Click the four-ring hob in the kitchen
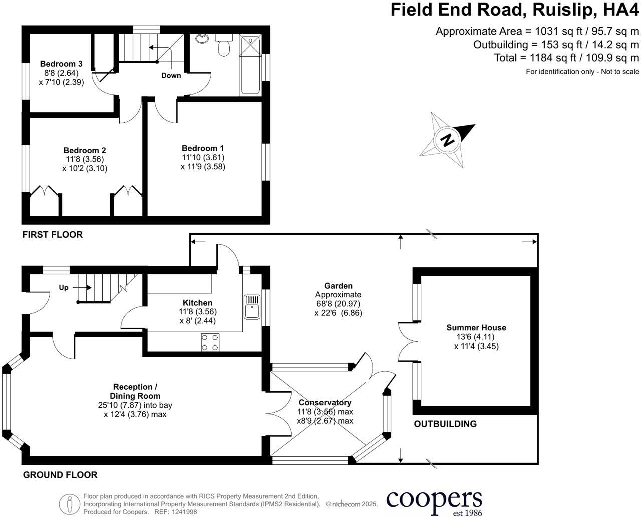pyautogui.click(x=210, y=342)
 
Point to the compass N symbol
pyautogui.click(x=447, y=140)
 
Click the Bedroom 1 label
pyautogui.click(x=203, y=148)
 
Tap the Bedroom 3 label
pyautogui.click(x=61, y=64)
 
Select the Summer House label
pyautogui.click(x=476, y=328)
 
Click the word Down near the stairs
pyautogui.click(x=171, y=75)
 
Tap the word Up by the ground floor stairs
pyautogui.click(x=64, y=288)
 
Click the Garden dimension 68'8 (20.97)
pyautogui.click(x=338, y=304)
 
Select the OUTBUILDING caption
pyautogui.click(x=445, y=424)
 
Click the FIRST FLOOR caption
pyautogui.click(x=53, y=235)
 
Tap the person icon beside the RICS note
pyautogui.click(x=70, y=504)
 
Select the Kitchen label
pyautogui.click(x=197, y=303)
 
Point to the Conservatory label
pyautogui.click(x=325, y=403)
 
